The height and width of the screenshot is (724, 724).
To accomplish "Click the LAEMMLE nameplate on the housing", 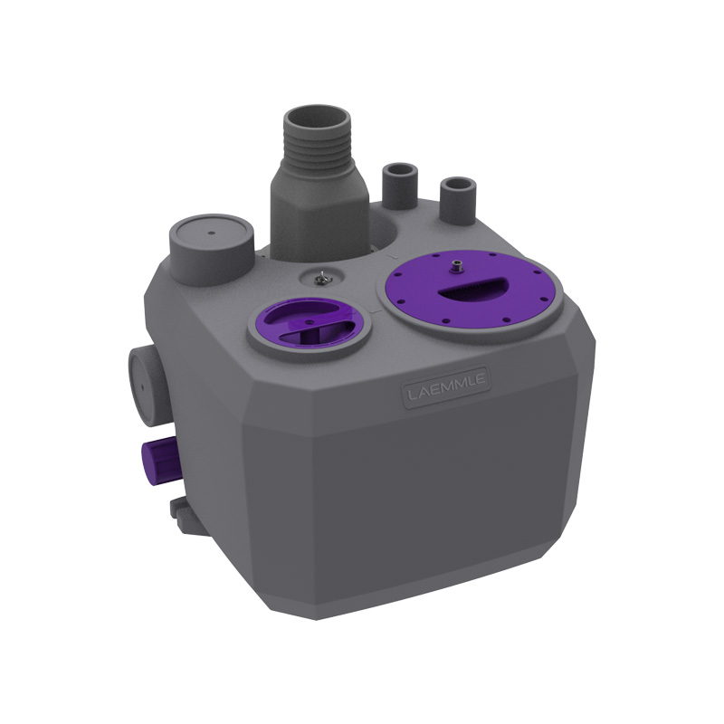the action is click(446, 387).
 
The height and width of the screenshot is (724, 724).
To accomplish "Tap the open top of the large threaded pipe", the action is click(317, 119).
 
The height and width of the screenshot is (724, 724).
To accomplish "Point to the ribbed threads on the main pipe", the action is click(317, 148).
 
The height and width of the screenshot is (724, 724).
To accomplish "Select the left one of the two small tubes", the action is click(400, 186).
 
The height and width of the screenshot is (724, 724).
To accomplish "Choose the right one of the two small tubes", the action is click(458, 200).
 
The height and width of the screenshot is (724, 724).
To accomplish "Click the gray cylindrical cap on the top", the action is click(212, 250).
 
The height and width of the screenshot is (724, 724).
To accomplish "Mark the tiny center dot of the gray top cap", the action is click(212, 233).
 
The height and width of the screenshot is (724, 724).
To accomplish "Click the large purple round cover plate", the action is click(471, 289).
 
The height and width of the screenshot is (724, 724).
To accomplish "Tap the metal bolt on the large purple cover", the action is click(457, 265).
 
